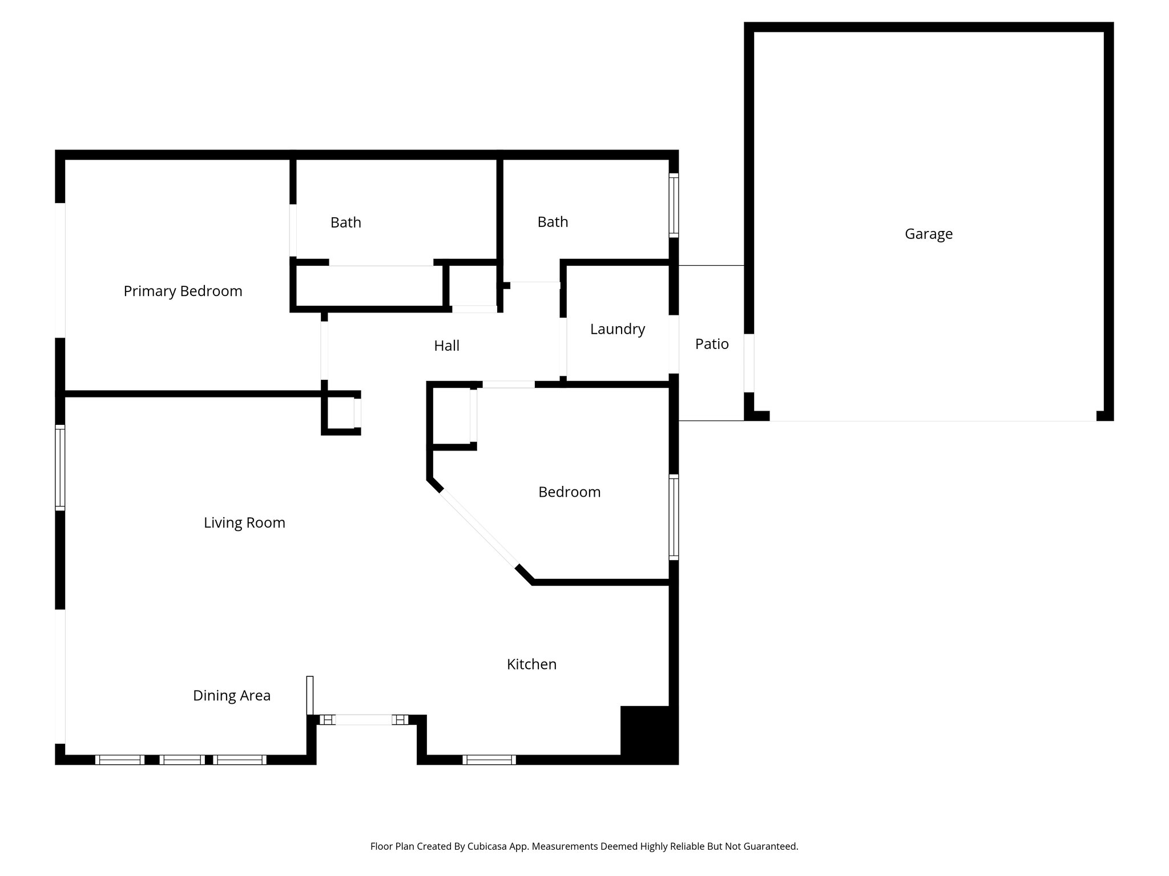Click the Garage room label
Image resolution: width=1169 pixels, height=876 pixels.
928,234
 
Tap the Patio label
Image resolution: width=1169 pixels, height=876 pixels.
712,344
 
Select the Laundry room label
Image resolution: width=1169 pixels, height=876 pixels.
617,329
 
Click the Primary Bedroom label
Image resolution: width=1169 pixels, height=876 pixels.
183,291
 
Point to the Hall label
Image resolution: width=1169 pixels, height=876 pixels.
446,346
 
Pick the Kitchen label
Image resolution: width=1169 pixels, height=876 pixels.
531,664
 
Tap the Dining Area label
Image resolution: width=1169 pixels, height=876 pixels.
231,695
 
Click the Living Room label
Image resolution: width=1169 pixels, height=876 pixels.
244,522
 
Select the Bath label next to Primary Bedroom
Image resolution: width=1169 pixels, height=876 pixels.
345,222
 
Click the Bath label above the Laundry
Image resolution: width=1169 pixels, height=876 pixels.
553,222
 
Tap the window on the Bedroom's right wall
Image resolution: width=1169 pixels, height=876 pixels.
674,517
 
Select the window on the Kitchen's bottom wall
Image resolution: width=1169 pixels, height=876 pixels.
489,760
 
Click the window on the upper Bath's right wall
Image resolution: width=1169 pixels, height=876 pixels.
674,205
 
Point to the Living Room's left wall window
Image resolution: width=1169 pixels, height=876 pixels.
59,467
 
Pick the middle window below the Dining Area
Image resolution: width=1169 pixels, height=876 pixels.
182,760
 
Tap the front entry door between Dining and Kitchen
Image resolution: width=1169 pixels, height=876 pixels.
364,720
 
